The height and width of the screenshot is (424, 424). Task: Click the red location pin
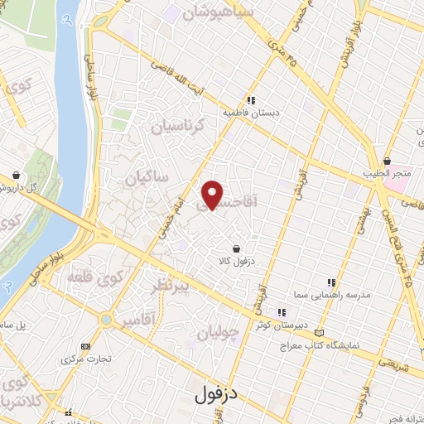213,194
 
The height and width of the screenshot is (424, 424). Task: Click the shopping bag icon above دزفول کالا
238,248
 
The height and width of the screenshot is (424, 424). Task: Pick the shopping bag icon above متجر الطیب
387,161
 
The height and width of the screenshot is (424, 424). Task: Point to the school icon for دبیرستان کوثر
282,312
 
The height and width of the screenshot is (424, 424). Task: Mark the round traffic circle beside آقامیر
106,320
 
